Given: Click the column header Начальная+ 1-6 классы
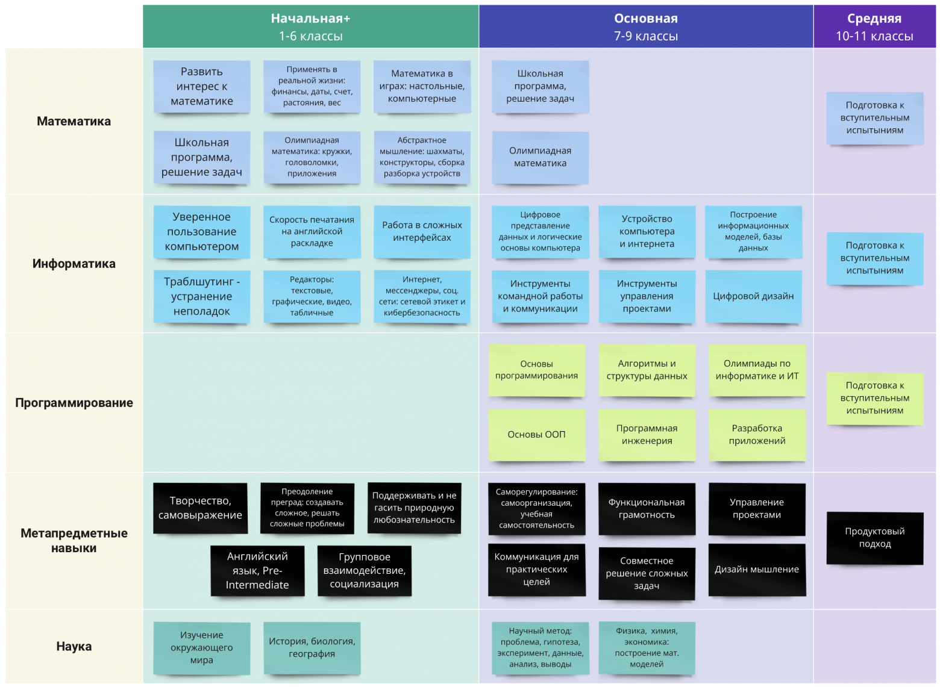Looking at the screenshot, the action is [310, 26].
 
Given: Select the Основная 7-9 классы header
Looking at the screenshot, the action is [646, 26].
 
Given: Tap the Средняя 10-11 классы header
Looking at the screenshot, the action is [874, 26].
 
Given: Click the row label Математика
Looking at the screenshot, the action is [74, 121].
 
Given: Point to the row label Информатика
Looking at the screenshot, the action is [74, 263].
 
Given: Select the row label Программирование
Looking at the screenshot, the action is [74, 403].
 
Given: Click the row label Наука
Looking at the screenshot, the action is [74, 646].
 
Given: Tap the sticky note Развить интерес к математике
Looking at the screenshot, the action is [202, 86].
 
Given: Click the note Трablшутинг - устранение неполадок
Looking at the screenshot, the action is [202, 296].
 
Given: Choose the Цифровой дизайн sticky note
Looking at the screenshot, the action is [754, 296].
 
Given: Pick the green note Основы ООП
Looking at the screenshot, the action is [537, 435].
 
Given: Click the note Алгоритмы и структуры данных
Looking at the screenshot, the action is [647, 370].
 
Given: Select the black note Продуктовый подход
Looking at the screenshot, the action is [875, 538].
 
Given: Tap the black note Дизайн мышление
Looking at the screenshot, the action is [757, 570].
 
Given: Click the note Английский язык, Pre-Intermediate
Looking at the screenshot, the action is [258, 570].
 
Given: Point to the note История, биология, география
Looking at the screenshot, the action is [312, 648].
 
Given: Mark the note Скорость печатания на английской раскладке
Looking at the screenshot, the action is [312, 232].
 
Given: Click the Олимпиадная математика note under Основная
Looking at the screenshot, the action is [540, 157].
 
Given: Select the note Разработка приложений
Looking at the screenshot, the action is [757, 435].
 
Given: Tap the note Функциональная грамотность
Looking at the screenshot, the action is [647, 509].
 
